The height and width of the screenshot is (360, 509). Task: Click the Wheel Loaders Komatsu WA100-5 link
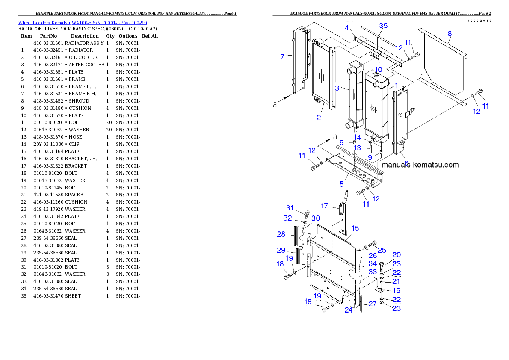pyautogui.click(x=83, y=23)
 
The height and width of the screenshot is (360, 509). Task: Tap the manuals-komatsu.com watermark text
pyautogui.click(x=420, y=165)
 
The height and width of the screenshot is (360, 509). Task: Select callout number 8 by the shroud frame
pyautogui.click(x=449, y=33)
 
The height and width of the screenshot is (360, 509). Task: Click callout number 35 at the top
pyautogui.click(x=383, y=26)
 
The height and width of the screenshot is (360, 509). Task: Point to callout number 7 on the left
pyautogui.click(x=282, y=57)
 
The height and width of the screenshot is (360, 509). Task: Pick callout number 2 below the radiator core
pyautogui.click(x=319, y=118)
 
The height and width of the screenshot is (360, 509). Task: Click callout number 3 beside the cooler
pyautogui.click(x=337, y=89)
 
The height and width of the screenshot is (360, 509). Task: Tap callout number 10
pyautogui.click(x=379, y=70)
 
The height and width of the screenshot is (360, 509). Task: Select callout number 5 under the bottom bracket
pyautogui.click(x=341, y=184)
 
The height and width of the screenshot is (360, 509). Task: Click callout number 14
pyautogui.click(x=357, y=137)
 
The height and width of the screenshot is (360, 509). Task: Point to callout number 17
pyautogui.click(x=324, y=206)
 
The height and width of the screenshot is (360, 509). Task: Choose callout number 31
pyautogui.click(x=290, y=208)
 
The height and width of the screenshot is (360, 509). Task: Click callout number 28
pyautogui.click(x=281, y=234)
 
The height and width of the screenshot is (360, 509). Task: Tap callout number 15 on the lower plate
pyautogui.click(x=355, y=228)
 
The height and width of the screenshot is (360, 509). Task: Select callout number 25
pyautogui.click(x=382, y=250)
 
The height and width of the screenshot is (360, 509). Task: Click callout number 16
pyautogui.click(x=396, y=291)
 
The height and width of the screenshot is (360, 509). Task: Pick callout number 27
pyautogui.click(x=372, y=304)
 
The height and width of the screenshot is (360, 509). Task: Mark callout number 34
pyautogui.click(x=373, y=264)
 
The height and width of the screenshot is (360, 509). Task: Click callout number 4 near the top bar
pyautogui.click(x=347, y=28)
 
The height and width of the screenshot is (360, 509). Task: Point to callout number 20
pyautogui.click(x=397, y=255)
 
